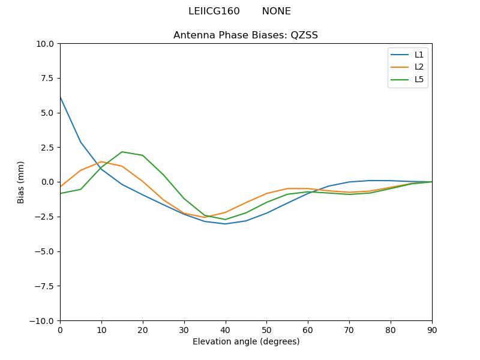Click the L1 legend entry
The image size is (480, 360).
tap(419, 55)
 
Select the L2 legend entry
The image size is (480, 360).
tap(419, 67)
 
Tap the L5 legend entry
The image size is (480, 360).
tap(419, 79)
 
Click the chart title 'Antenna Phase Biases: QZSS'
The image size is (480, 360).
tap(245, 35)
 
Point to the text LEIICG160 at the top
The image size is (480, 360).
tap(214, 11)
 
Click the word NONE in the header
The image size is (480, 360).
tap(276, 11)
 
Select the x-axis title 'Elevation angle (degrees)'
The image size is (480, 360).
tap(246, 342)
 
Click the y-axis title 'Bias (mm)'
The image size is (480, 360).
tap(21, 182)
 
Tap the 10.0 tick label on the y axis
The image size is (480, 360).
tap(46, 44)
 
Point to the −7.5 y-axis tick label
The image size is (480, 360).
tap(43, 286)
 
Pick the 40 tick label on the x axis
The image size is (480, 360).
tap(225, 329)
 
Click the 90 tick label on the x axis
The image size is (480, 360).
tap(432, 329)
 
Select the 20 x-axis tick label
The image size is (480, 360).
tap(143, 329)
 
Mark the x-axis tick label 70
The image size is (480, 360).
tap(349, 329)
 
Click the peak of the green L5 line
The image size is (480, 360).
tap(122, 152)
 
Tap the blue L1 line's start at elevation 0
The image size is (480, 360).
tap(60, 97)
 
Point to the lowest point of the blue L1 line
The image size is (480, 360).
tap(225, 224)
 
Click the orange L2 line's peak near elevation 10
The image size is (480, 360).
tap(101, 162)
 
